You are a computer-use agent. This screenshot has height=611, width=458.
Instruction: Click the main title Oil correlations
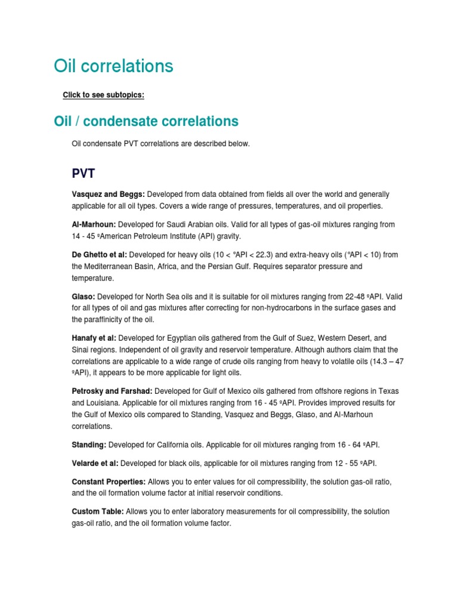[113, 66]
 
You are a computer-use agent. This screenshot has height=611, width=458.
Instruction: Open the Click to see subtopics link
[103, 95]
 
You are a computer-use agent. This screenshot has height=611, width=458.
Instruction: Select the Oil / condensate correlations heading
[146, 121]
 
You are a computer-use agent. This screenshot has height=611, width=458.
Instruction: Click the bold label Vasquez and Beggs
[108, 195]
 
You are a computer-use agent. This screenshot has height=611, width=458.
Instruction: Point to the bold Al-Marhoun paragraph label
[94, 224]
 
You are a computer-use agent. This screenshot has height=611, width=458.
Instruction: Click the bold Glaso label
[83, 296]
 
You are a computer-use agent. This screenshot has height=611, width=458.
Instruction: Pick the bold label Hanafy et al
[94, 338]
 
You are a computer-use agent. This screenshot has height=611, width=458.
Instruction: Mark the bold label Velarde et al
[95, 463]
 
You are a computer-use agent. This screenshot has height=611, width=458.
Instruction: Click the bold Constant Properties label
[109, 481]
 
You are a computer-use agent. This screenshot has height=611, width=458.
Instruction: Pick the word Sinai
[81, 350]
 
